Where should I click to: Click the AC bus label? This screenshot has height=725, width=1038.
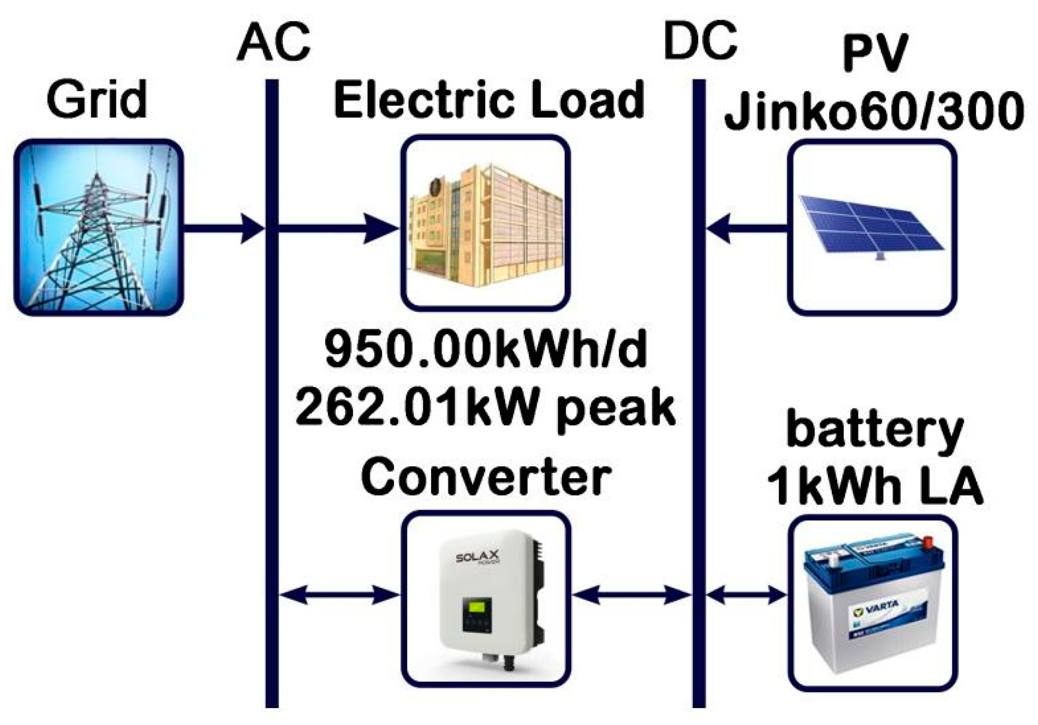274,43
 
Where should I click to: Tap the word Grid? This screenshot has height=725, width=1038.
97,100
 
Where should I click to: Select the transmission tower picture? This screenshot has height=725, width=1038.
99,227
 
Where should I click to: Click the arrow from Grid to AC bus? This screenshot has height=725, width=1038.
223,227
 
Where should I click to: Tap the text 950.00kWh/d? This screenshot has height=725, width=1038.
486,350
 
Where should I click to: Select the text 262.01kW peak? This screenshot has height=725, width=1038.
485,408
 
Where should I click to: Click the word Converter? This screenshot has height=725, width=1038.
486,478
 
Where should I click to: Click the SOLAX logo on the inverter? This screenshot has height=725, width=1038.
478,557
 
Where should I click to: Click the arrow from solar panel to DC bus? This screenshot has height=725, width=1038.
747,228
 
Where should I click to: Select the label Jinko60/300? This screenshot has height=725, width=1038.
874,113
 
